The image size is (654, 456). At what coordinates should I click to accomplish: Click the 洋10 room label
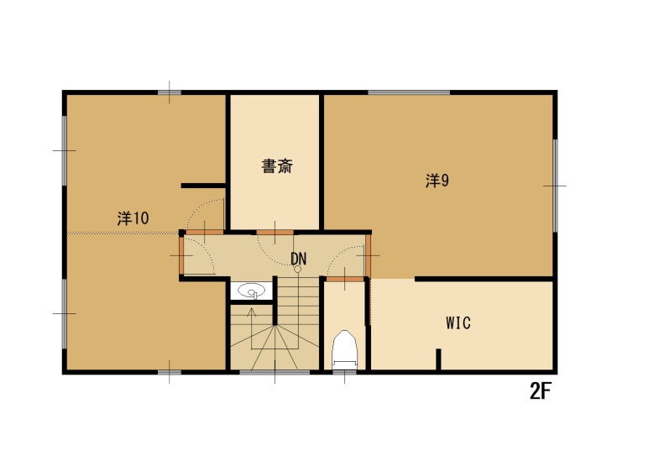pos(133,218)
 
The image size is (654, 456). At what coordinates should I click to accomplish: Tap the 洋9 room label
pos(437,181)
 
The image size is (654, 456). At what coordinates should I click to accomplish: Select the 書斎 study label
pos(277,166)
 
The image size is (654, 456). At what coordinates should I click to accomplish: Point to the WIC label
pos(458,322)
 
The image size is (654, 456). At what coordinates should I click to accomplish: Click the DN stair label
pos(299,259)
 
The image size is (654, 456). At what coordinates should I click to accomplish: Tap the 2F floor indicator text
pos(541,390)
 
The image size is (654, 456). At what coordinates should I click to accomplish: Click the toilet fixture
pos(344,349)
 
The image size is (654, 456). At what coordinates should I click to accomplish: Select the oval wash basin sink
pos(251,291)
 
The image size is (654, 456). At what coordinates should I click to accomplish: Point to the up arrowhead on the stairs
pos(251,312)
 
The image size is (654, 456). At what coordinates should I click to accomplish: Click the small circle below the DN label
pos(297,270)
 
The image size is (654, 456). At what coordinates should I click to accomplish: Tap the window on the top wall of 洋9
pos(409,92)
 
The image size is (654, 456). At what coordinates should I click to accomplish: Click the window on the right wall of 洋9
pos(555,186)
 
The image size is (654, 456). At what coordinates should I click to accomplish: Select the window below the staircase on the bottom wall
pos(275,372)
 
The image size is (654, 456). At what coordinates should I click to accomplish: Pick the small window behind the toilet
pos(344,372)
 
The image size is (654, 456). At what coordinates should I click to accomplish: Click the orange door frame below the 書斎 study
pos(275,232)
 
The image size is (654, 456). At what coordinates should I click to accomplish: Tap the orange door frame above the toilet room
pos(345,279)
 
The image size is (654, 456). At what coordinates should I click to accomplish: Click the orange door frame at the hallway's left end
pos(181,255)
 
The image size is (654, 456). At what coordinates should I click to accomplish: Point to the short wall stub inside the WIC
pos(438,359)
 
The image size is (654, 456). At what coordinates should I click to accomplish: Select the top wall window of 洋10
pos(170,92)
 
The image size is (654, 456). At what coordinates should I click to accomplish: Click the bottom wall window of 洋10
pos(170,372)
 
